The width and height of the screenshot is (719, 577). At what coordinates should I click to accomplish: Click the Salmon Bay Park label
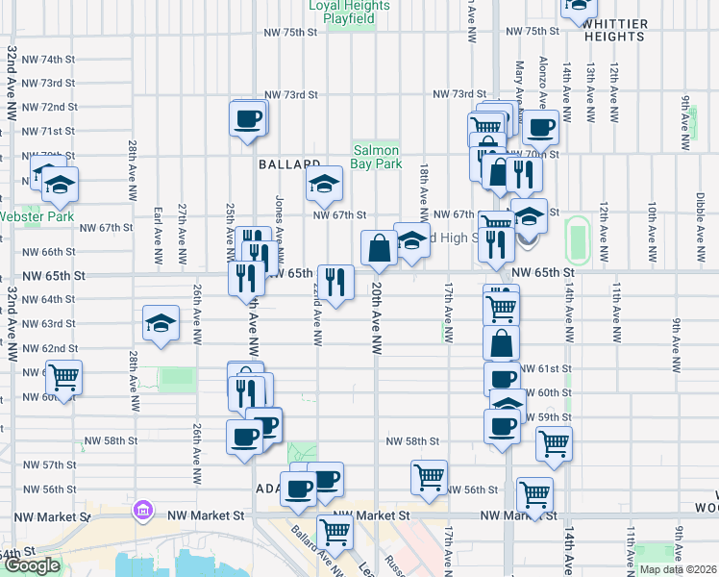point(377,158)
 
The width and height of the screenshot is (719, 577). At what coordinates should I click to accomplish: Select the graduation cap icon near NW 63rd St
point(161,324)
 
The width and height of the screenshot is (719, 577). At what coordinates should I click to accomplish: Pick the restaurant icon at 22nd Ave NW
point(335,282)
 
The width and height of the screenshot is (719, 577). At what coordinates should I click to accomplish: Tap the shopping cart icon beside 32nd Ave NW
point(63,377)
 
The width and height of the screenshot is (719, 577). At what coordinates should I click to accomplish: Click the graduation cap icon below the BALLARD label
point(325,182)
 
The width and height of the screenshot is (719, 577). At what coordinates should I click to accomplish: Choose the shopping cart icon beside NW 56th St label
point(429,476)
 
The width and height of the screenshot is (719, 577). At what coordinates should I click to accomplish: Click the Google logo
point(33,565)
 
